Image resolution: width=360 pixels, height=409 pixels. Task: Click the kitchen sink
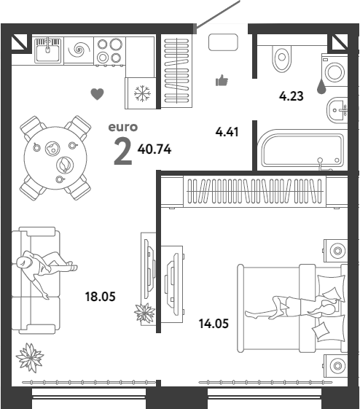point(48,50)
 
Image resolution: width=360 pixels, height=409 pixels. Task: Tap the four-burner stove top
point(109,51)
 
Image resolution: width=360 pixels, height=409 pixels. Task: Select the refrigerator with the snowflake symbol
point(141,93)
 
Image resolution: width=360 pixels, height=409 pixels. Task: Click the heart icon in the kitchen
point(97,94)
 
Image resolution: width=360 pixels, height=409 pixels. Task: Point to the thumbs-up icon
point(222,80)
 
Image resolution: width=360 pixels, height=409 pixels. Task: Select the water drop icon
point(321,86)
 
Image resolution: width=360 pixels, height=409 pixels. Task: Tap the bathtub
point(302,149)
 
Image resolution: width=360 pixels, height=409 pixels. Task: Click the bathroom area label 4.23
point(291,96)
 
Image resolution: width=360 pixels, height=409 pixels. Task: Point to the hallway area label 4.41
point(227,132)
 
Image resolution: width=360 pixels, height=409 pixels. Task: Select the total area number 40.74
point(154,149)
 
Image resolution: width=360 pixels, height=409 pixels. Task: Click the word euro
point(122,127)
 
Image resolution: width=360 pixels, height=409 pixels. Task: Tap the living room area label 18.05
point(101,297)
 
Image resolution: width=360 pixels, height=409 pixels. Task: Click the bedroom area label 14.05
point(214,324)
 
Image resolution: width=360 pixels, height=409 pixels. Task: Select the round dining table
point(55,157)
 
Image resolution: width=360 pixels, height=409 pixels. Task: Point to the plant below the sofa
point(30,358)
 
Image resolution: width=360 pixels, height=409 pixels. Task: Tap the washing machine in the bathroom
point(334,71)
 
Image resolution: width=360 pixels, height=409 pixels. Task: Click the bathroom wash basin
point(337,110)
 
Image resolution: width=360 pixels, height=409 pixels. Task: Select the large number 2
point(123,152)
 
